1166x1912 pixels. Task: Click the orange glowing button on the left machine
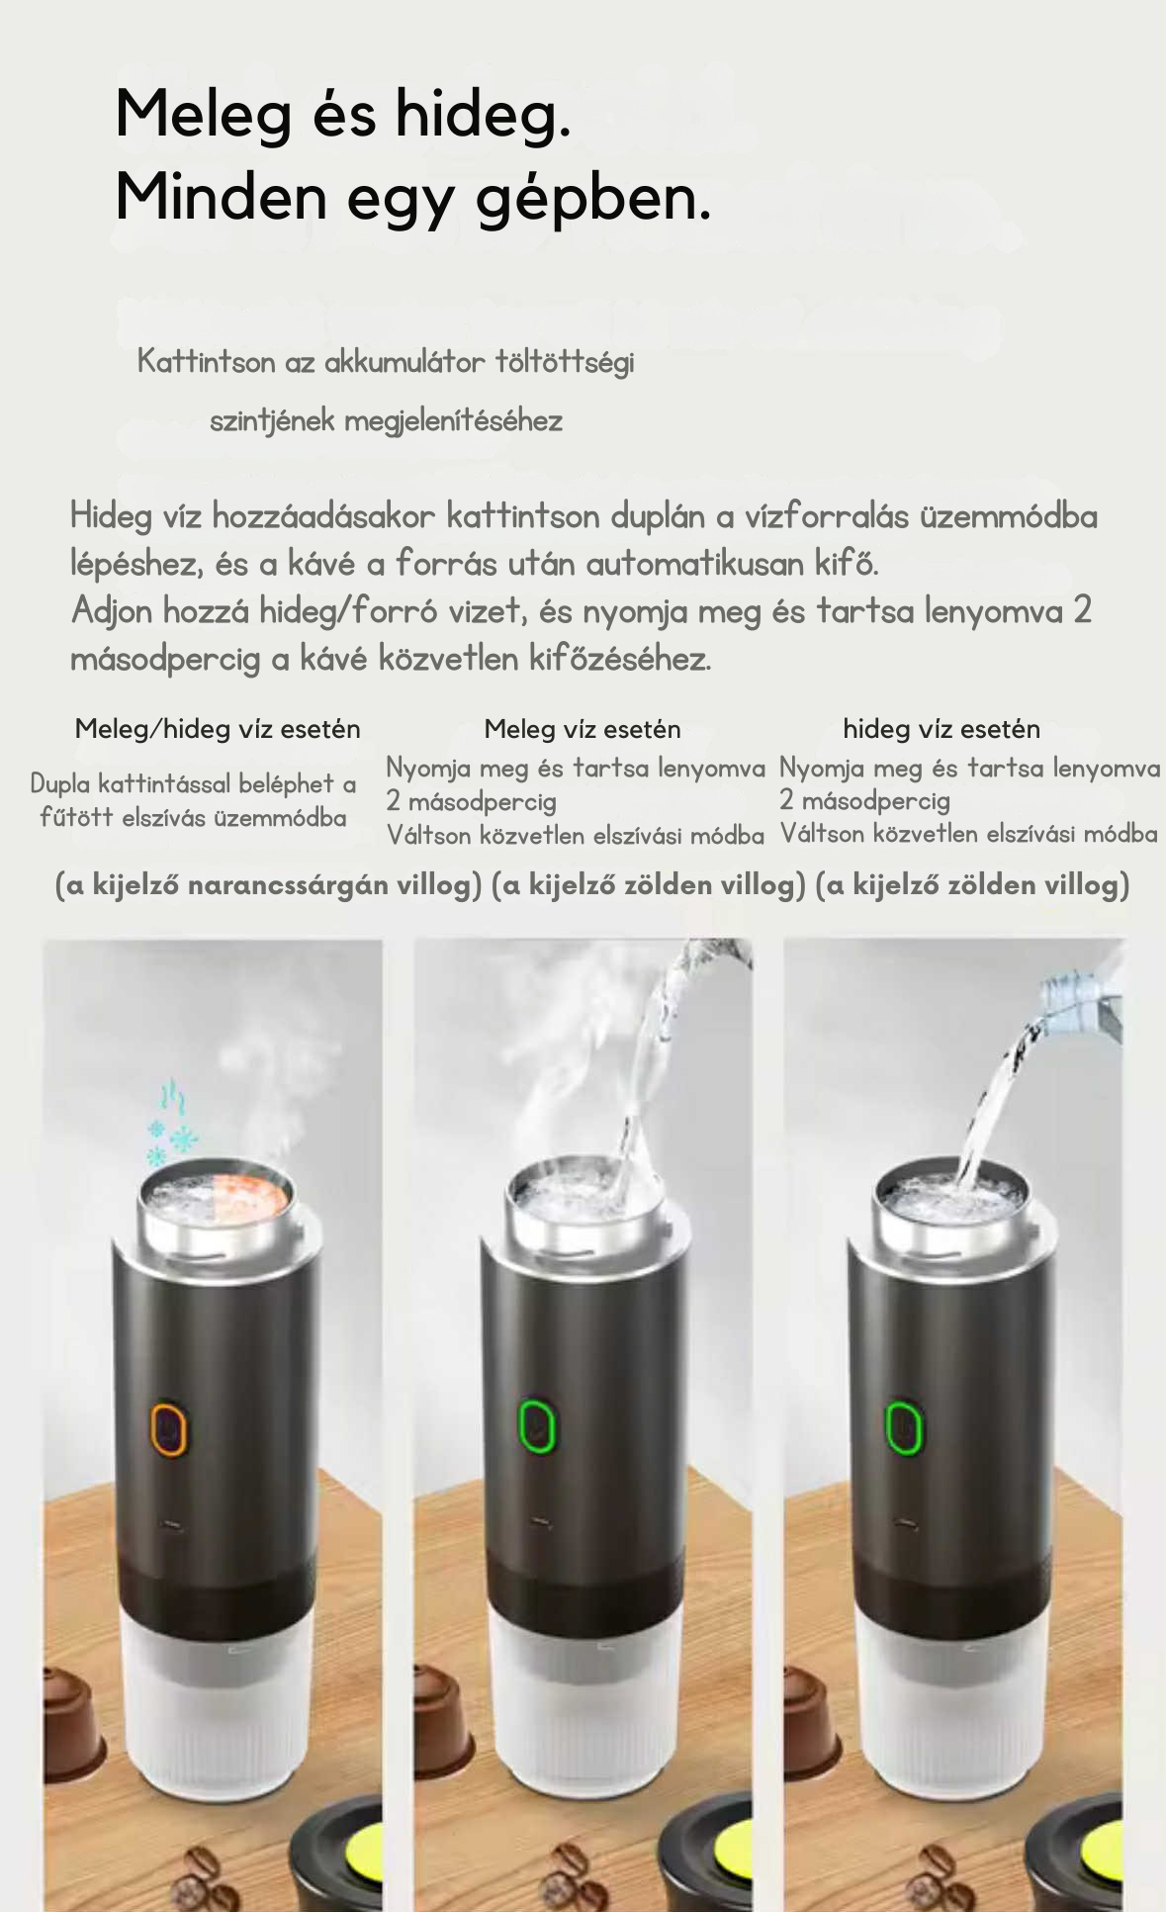pos(169,1428)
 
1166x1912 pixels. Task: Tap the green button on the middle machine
pos(537,1425)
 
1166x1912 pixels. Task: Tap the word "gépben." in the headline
pos(593,198)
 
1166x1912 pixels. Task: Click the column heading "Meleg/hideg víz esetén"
pos(218,730)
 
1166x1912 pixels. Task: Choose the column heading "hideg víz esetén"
pos(942,729)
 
